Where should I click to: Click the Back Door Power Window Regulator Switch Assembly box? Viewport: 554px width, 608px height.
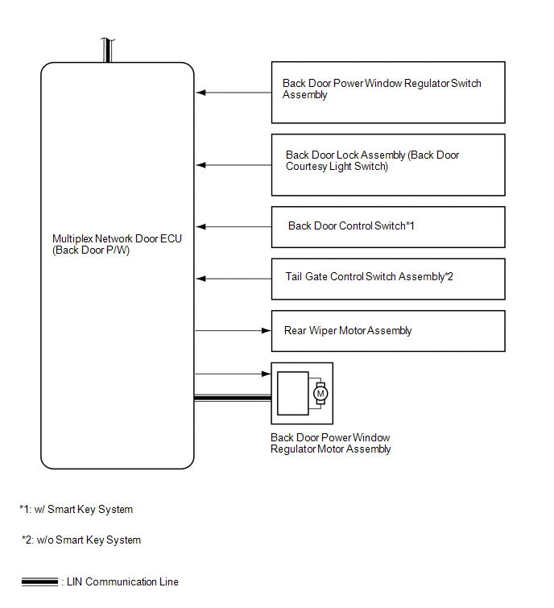(x=388, y=92)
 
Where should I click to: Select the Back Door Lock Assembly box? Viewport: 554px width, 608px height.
(x=388, y=164)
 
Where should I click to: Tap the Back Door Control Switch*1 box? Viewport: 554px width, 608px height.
(x=388, y=226)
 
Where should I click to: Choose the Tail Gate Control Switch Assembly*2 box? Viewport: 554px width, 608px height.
(x=388, y=278)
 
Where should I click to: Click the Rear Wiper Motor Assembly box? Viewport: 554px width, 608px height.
(x=388, y=330)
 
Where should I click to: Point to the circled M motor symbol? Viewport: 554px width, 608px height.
(x=320, y=394)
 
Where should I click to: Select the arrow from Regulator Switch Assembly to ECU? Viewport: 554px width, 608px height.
(x=234, y=93)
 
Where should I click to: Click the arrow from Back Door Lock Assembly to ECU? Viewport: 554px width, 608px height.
(x=234, y=165)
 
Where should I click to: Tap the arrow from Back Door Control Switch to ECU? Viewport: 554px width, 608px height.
(x=234, y=227)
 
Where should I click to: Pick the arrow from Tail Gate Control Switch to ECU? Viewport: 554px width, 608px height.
(x=234, y=279)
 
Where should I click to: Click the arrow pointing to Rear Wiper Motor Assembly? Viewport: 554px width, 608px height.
(x=234, y=330)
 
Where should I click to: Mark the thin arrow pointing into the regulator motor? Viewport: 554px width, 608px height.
(x=234, y=374)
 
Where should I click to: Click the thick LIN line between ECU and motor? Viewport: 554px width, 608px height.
(x=233, y=397)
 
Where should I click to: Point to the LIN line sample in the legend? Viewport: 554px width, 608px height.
(x=39, y=581)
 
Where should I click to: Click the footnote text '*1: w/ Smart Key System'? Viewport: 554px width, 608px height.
(x=76, y=509)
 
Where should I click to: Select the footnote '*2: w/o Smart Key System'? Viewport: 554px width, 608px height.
(x=81, y=540)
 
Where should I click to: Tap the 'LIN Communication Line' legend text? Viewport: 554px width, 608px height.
(x=121, y=581)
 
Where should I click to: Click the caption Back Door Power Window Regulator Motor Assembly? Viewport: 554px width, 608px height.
(x=331, y=444)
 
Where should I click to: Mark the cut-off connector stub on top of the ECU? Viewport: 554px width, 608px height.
(x=105, y=50)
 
